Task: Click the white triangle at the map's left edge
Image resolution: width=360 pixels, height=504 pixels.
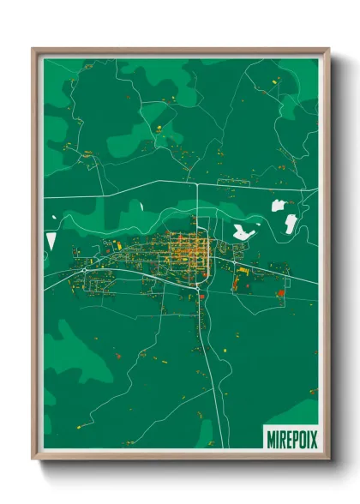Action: coord(51,241)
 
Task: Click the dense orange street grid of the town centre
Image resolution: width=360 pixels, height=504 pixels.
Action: coord(188,250)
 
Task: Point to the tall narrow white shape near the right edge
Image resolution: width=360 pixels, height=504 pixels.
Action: coord(291,225)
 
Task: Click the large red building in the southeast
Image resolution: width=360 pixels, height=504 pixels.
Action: coord(280,293)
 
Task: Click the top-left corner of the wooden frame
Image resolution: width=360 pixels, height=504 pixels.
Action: coord(34,50)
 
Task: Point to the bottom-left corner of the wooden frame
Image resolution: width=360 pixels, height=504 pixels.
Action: coord(34,458)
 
